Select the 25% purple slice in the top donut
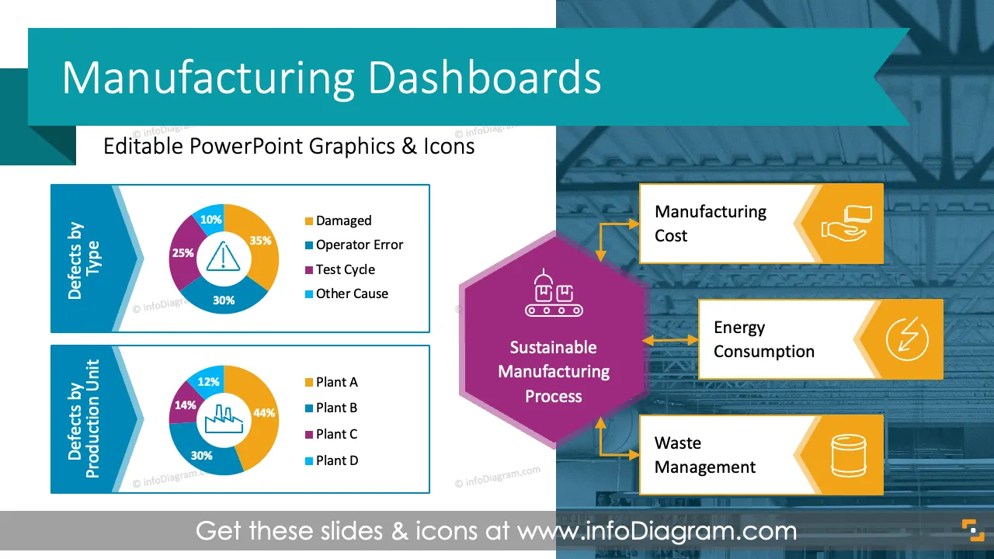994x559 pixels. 182,253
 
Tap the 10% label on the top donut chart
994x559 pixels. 210,219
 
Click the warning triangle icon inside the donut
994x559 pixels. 223,256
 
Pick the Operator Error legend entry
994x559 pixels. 354,245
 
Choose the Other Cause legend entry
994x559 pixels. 346,293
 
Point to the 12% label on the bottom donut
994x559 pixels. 209,381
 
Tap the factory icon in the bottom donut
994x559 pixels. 224,418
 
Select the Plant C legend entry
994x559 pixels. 331,434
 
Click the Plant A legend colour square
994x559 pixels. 309,383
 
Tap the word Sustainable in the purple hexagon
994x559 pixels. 553,347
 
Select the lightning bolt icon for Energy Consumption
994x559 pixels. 907,339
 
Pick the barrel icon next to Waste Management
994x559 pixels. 848,456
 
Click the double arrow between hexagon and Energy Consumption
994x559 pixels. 670,340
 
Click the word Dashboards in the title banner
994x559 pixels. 485,78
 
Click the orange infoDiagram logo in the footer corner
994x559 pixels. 973,530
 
